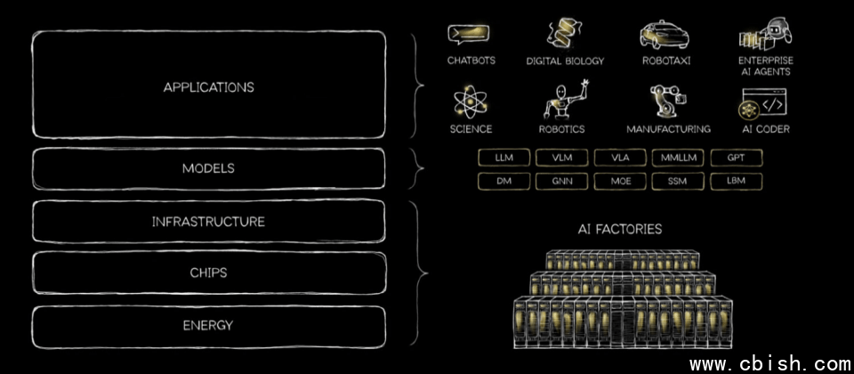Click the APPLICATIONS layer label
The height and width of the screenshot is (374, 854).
pos(208,87)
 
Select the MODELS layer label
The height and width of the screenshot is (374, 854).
pos(208,167)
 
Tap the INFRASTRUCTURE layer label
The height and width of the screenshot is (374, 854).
pos(208,222)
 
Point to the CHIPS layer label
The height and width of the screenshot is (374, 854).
pos(208,272)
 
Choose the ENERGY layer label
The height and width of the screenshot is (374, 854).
pos(208,325)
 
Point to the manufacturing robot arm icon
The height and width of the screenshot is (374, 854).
pos(666,102)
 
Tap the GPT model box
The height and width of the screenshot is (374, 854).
pos(736,158)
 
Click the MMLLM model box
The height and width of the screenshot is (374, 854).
pos(677,158)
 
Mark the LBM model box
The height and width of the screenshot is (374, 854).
pos(736,181)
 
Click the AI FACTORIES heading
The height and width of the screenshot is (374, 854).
pos(619,230)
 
